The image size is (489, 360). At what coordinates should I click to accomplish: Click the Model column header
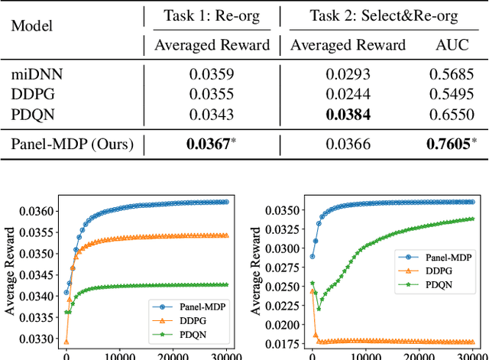[x=33, y=25]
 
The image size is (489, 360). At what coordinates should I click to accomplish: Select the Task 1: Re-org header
[x=212, y=15]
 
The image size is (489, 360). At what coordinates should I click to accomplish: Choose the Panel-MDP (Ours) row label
[x=72, y=143]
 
